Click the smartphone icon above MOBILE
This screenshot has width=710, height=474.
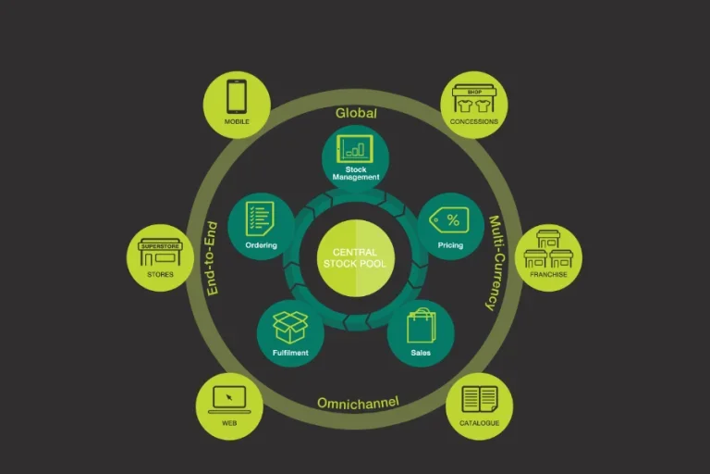pyautogui.click(x=236, y=96)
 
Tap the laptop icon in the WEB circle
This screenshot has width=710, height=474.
pyautogui.click(x=229, y=399)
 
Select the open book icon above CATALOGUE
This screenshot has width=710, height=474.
pyautogui.click(x=480, y=399)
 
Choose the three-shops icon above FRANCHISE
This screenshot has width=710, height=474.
pyautogui.click(x=548, y=249)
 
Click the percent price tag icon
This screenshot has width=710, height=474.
pyautogui.click(x=452, y=219)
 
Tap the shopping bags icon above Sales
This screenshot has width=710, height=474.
pyautogui.click(x=421, y=326)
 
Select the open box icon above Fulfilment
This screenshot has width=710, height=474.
pyautogui.click(x=290, y=327)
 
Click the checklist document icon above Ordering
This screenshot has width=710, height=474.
pyautogui.click(x=261, y=219)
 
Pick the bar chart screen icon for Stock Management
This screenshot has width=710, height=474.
pyautogui.click(x=355, y=148)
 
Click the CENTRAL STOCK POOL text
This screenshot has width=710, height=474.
pyautogui.click(x=355, y=257)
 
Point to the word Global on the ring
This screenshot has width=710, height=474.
pyautogui.click(x=356, y=113)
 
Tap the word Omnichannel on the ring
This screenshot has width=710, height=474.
pyautogui.click(x=358, y=403)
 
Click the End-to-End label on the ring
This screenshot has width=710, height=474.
pyautogui.click(x=211, y=258)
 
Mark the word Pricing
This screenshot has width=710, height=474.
pyautogui.click(x=450, y=245)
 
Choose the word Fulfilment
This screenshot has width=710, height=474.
pyautogui.click(x=290, y=353)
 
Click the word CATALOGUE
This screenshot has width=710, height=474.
pyautogui.click(x=480, y=423)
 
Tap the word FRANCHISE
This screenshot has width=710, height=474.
pyautogui.click(x=548, y=275)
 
